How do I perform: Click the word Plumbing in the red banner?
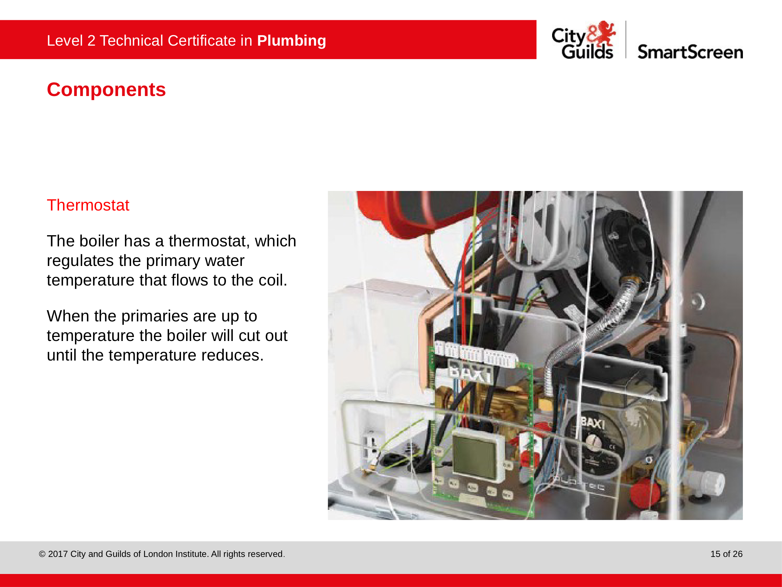291,41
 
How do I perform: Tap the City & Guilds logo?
583,40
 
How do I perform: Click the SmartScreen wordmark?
690,52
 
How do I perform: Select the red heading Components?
106,90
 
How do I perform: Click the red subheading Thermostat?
88,205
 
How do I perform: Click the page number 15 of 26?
726,554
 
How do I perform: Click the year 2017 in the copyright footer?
58,554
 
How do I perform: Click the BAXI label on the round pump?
593,423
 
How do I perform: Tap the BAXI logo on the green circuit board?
470,373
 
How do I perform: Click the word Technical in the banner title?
132,41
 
